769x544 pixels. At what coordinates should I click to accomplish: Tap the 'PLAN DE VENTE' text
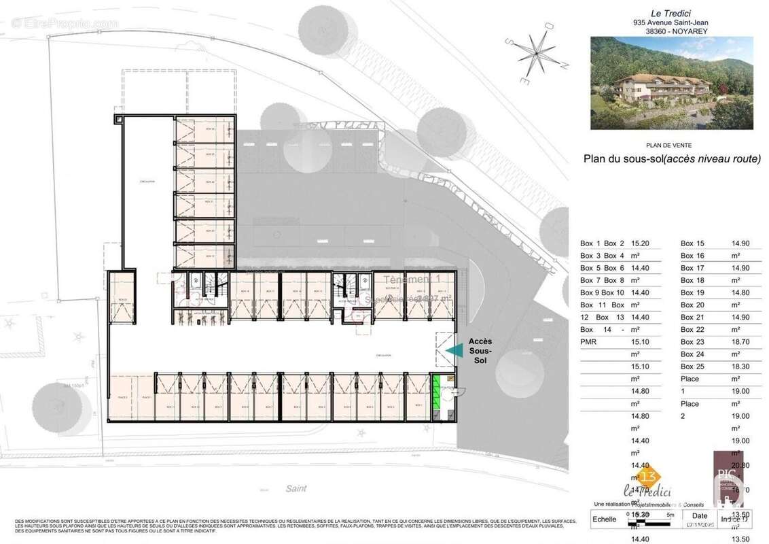point(671,145)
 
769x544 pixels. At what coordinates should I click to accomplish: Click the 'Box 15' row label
point(692,243)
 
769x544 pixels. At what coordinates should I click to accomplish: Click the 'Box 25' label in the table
point(692,366)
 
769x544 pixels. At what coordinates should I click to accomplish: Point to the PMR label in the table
point(588,341)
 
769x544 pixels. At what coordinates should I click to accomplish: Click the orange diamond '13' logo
point(631,475)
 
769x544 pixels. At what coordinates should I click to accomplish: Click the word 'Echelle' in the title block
point(604,519)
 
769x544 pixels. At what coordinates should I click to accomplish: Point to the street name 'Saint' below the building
point(296,488)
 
